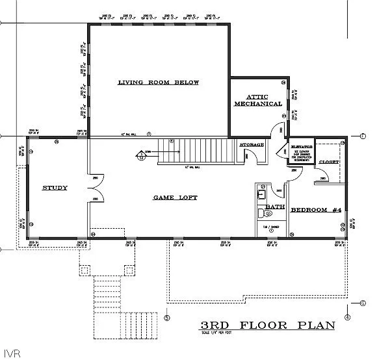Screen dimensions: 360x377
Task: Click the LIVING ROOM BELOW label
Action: point(158,83)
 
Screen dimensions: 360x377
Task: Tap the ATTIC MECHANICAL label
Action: point(258,100)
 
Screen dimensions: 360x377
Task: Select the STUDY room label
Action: point(55,188)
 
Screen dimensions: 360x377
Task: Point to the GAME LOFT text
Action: point(175,197)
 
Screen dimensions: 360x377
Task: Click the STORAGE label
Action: point(252,144)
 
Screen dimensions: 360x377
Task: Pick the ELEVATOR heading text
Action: point(302,148)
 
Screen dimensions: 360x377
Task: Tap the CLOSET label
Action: point(329,161)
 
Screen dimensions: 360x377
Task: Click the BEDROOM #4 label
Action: point(316,209)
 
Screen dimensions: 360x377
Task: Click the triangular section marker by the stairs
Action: point(140,155)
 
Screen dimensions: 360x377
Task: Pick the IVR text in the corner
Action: point(10,353)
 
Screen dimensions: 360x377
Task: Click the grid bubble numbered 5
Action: point(167,318)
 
